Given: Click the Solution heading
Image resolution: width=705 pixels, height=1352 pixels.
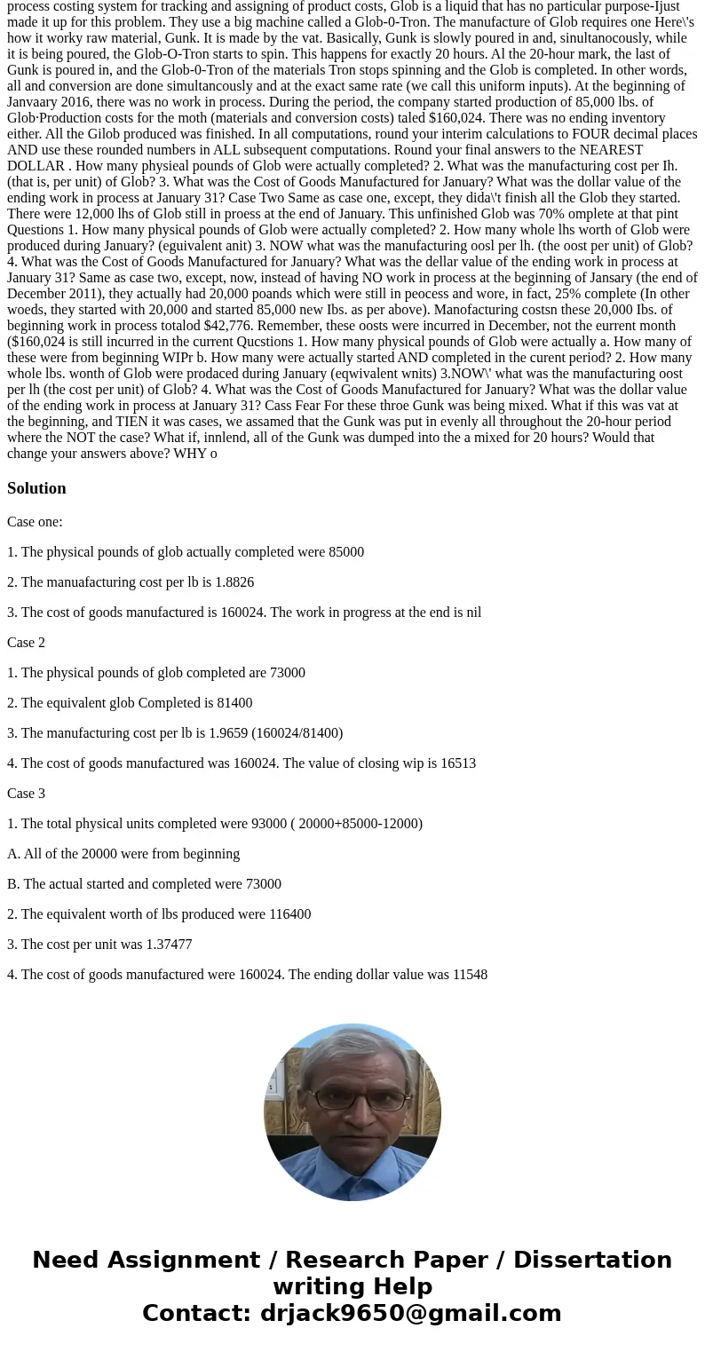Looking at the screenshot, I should [36, 488].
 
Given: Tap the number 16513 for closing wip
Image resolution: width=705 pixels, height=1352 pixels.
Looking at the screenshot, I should [457, 763].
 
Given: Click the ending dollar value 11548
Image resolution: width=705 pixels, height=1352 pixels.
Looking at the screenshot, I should [469, 974].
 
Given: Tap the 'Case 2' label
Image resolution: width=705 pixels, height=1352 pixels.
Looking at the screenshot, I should [26, 642].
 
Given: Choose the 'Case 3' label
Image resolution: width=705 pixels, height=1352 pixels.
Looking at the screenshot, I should [26, 793].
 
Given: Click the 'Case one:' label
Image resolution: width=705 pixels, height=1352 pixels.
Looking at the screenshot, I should [35, 521].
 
